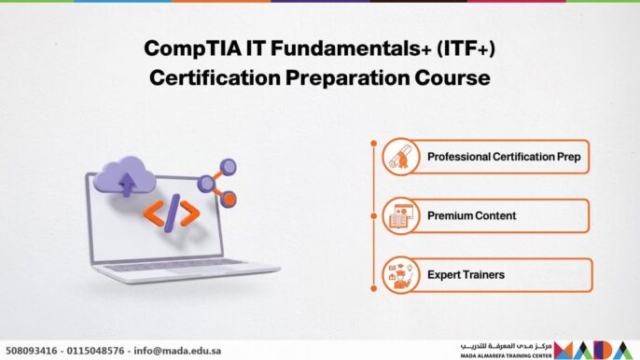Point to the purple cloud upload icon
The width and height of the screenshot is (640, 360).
tap(125, 176)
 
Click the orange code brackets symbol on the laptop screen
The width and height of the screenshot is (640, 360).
tap(171, 214)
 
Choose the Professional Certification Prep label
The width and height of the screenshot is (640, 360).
tap(503, 157)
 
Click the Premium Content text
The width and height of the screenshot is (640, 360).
tap(471, 215)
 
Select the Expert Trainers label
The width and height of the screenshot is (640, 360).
tap(466, 275)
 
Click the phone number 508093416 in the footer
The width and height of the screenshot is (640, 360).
tap(30, 350)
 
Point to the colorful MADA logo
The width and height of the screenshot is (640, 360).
tap(596, 349)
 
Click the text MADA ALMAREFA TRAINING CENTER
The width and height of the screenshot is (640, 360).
tap(505, 355)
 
